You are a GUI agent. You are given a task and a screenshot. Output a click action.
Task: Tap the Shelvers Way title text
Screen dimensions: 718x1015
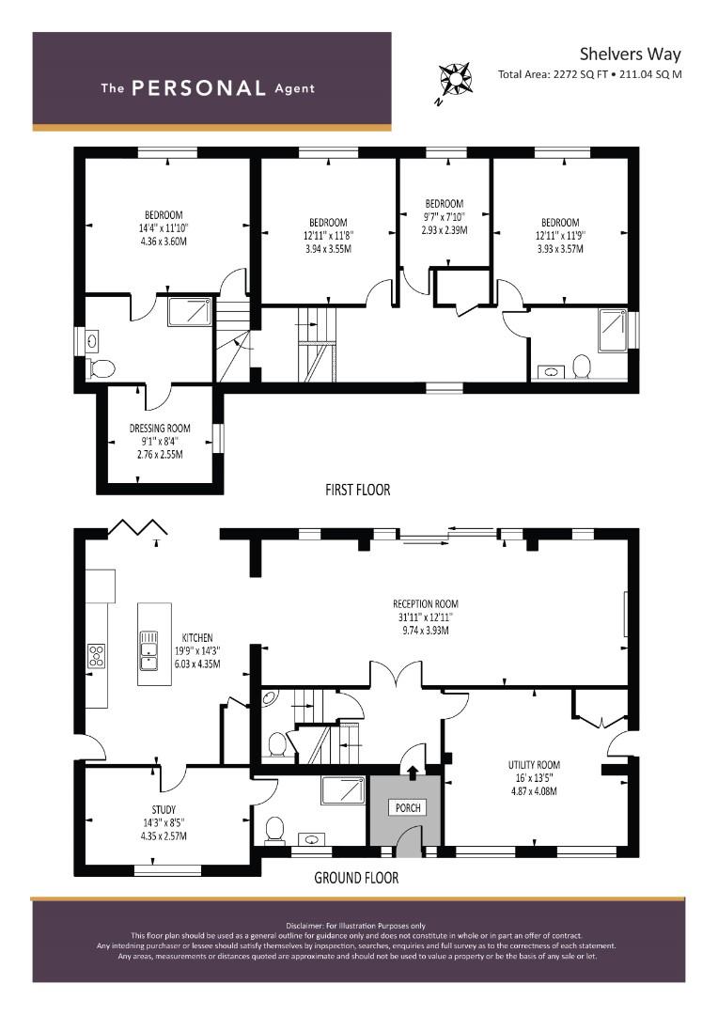pos(630,54)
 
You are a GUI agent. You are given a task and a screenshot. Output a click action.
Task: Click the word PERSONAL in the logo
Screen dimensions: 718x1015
pos(198,88)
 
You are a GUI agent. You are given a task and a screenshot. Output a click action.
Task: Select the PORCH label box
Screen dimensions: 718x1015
pos(408,807)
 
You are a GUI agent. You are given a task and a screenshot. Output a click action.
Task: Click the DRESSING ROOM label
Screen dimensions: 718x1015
pos(160,428)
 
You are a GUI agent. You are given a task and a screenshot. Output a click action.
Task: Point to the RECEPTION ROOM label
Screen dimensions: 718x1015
pos(426,603)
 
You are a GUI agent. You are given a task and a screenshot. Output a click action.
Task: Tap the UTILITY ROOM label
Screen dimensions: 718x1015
pos(534,764)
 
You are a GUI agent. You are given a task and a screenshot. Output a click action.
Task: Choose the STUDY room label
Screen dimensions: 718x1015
pos(164,809)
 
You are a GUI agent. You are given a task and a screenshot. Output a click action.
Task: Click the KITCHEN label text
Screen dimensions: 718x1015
pos(196,637)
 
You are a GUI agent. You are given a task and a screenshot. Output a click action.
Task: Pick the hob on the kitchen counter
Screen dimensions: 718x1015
pos(97,656)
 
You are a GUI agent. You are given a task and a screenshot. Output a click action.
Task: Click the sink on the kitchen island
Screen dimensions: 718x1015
pos(148,650)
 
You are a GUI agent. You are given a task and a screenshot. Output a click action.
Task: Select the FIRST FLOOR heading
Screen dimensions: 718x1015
pos(357,490)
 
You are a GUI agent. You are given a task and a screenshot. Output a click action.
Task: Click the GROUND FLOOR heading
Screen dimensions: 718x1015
pos(356,878)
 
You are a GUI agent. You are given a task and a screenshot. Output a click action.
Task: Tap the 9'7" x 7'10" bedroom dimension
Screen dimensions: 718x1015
pos(445,217)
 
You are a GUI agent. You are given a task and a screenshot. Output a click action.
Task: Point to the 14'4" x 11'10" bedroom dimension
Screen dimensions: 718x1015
pos(164,227)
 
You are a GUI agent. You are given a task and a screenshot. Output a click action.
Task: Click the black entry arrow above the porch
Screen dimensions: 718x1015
pos(412,771)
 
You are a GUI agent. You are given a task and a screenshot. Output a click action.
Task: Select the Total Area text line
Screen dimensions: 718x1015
pos(590,74)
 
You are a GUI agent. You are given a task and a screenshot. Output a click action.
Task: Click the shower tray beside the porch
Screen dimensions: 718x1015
pos(343,791)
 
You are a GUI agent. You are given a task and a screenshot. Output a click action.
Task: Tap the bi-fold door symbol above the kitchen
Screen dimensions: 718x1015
pos(138,527)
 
